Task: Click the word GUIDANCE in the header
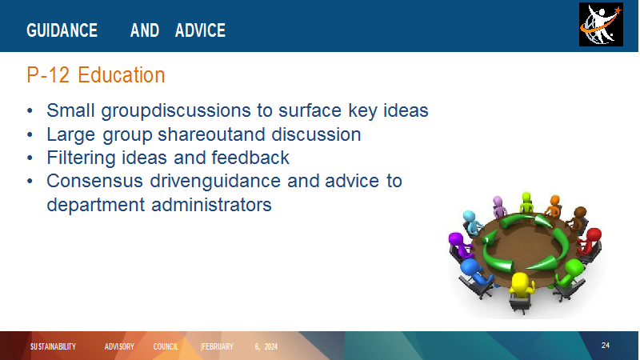(62, 30)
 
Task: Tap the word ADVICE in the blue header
(200, 30)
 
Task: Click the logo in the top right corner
(601, 25)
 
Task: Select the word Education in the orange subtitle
(122, 75)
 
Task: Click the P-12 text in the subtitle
(48, 75)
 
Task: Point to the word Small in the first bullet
(70, 110)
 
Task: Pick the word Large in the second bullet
(71, 134)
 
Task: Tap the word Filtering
(82, 158)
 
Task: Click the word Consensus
(94, 181)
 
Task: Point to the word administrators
(211, 205)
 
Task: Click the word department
(95, 205)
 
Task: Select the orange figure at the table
(554, 206)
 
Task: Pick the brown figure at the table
(577, 218)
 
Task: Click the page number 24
(606, 346)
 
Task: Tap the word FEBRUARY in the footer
(218, 346)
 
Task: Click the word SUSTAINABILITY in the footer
(53, 346)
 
